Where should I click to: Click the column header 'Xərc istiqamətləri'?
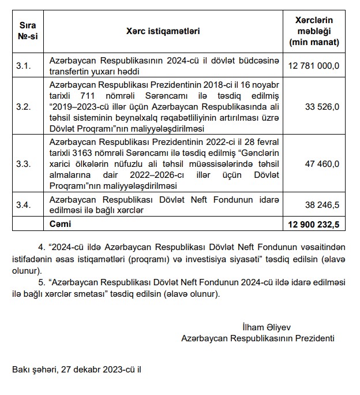coord(162,31)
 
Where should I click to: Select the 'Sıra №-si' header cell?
coord(27,31)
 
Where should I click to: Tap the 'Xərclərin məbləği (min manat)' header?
coord(314,31)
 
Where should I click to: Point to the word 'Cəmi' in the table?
coord(60,223)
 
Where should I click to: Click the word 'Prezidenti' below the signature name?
coord(314,337)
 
